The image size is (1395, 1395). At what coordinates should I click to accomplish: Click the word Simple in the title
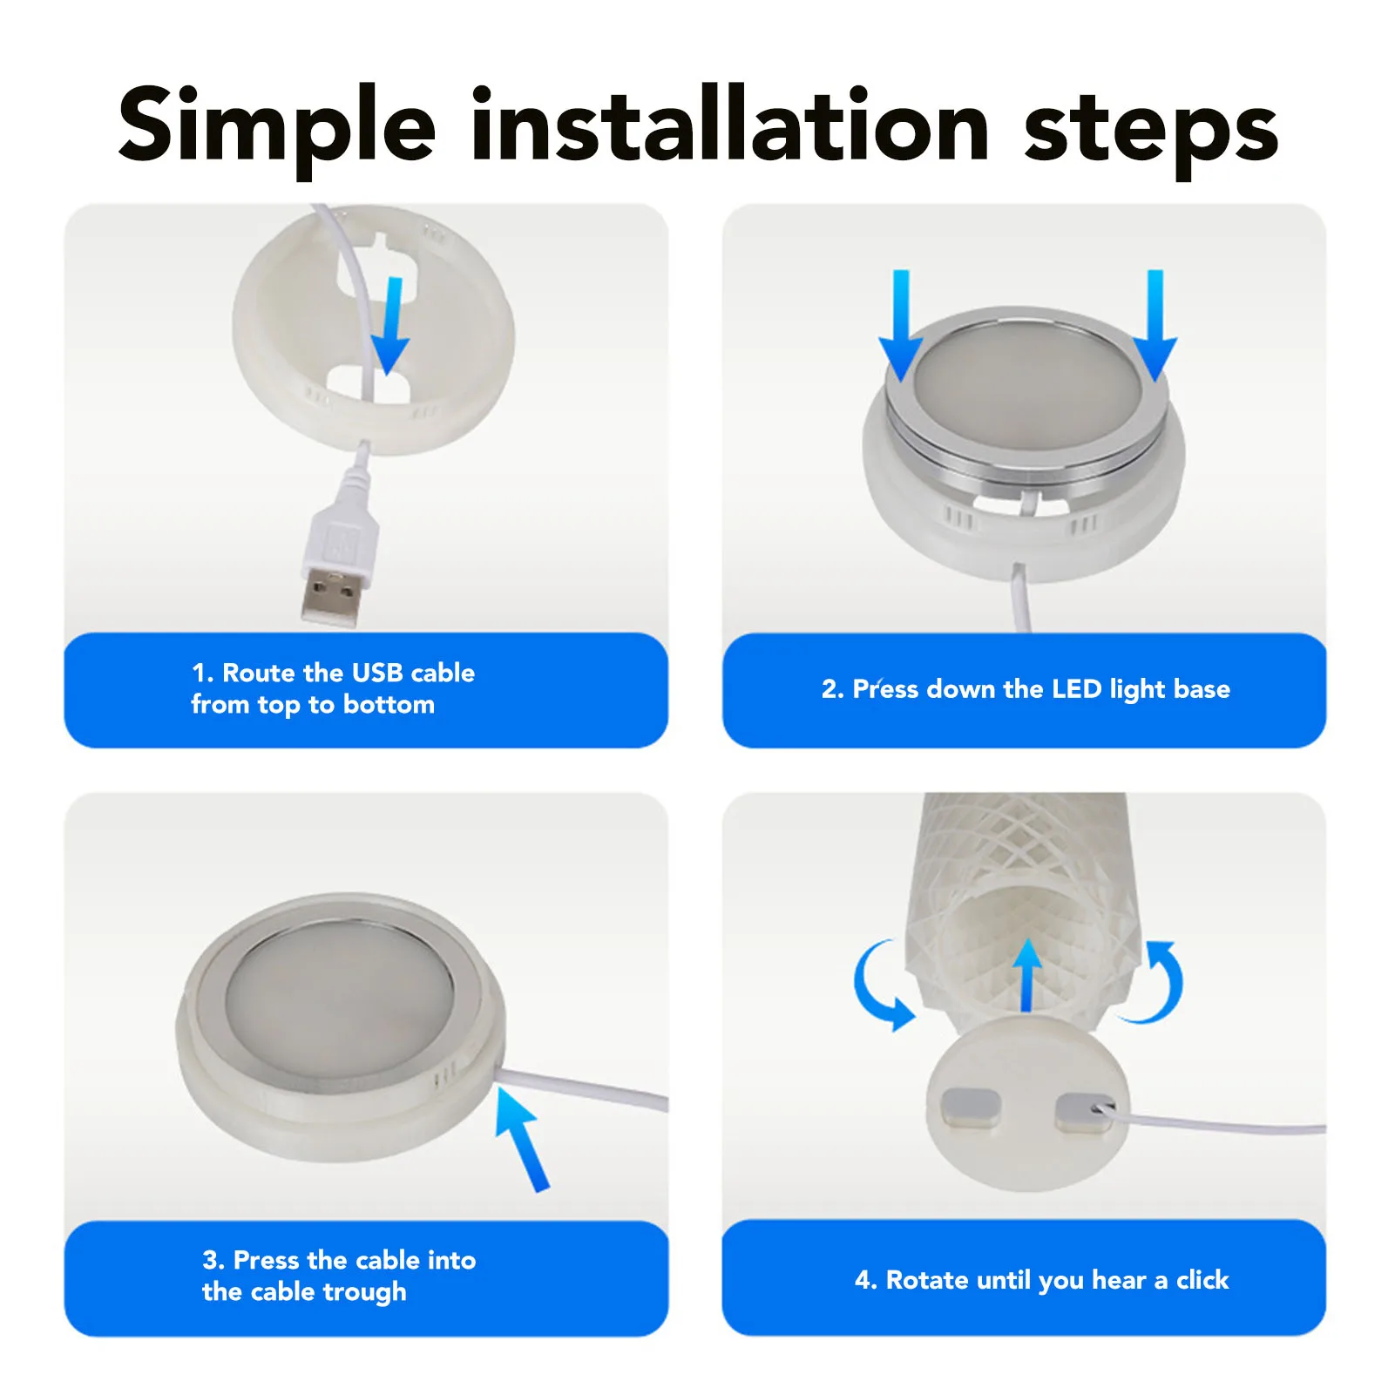pyautogui.click(x=276, y=127)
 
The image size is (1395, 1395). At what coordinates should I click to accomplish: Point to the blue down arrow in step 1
pyautogui.click(x=389, y=326)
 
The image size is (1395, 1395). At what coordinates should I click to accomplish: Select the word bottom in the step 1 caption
pyautogui.click(x=389, y=704)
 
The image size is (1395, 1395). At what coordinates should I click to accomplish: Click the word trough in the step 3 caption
pyautogui.click(x=364, y=1292)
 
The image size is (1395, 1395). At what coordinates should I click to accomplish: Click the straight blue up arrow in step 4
pyautogui.click(x=1028, y=975)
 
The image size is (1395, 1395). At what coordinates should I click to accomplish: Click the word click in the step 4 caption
pyautogui.click(x=1202, y=1280)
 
